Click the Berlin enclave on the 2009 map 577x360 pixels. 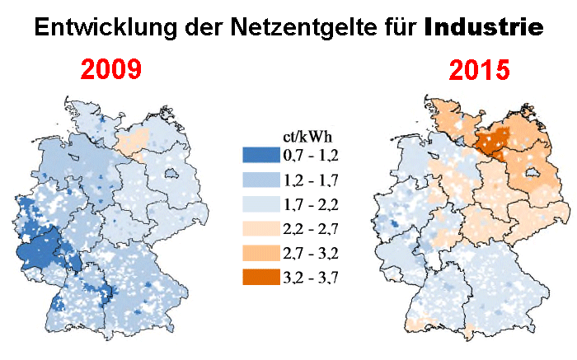(173, 175)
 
